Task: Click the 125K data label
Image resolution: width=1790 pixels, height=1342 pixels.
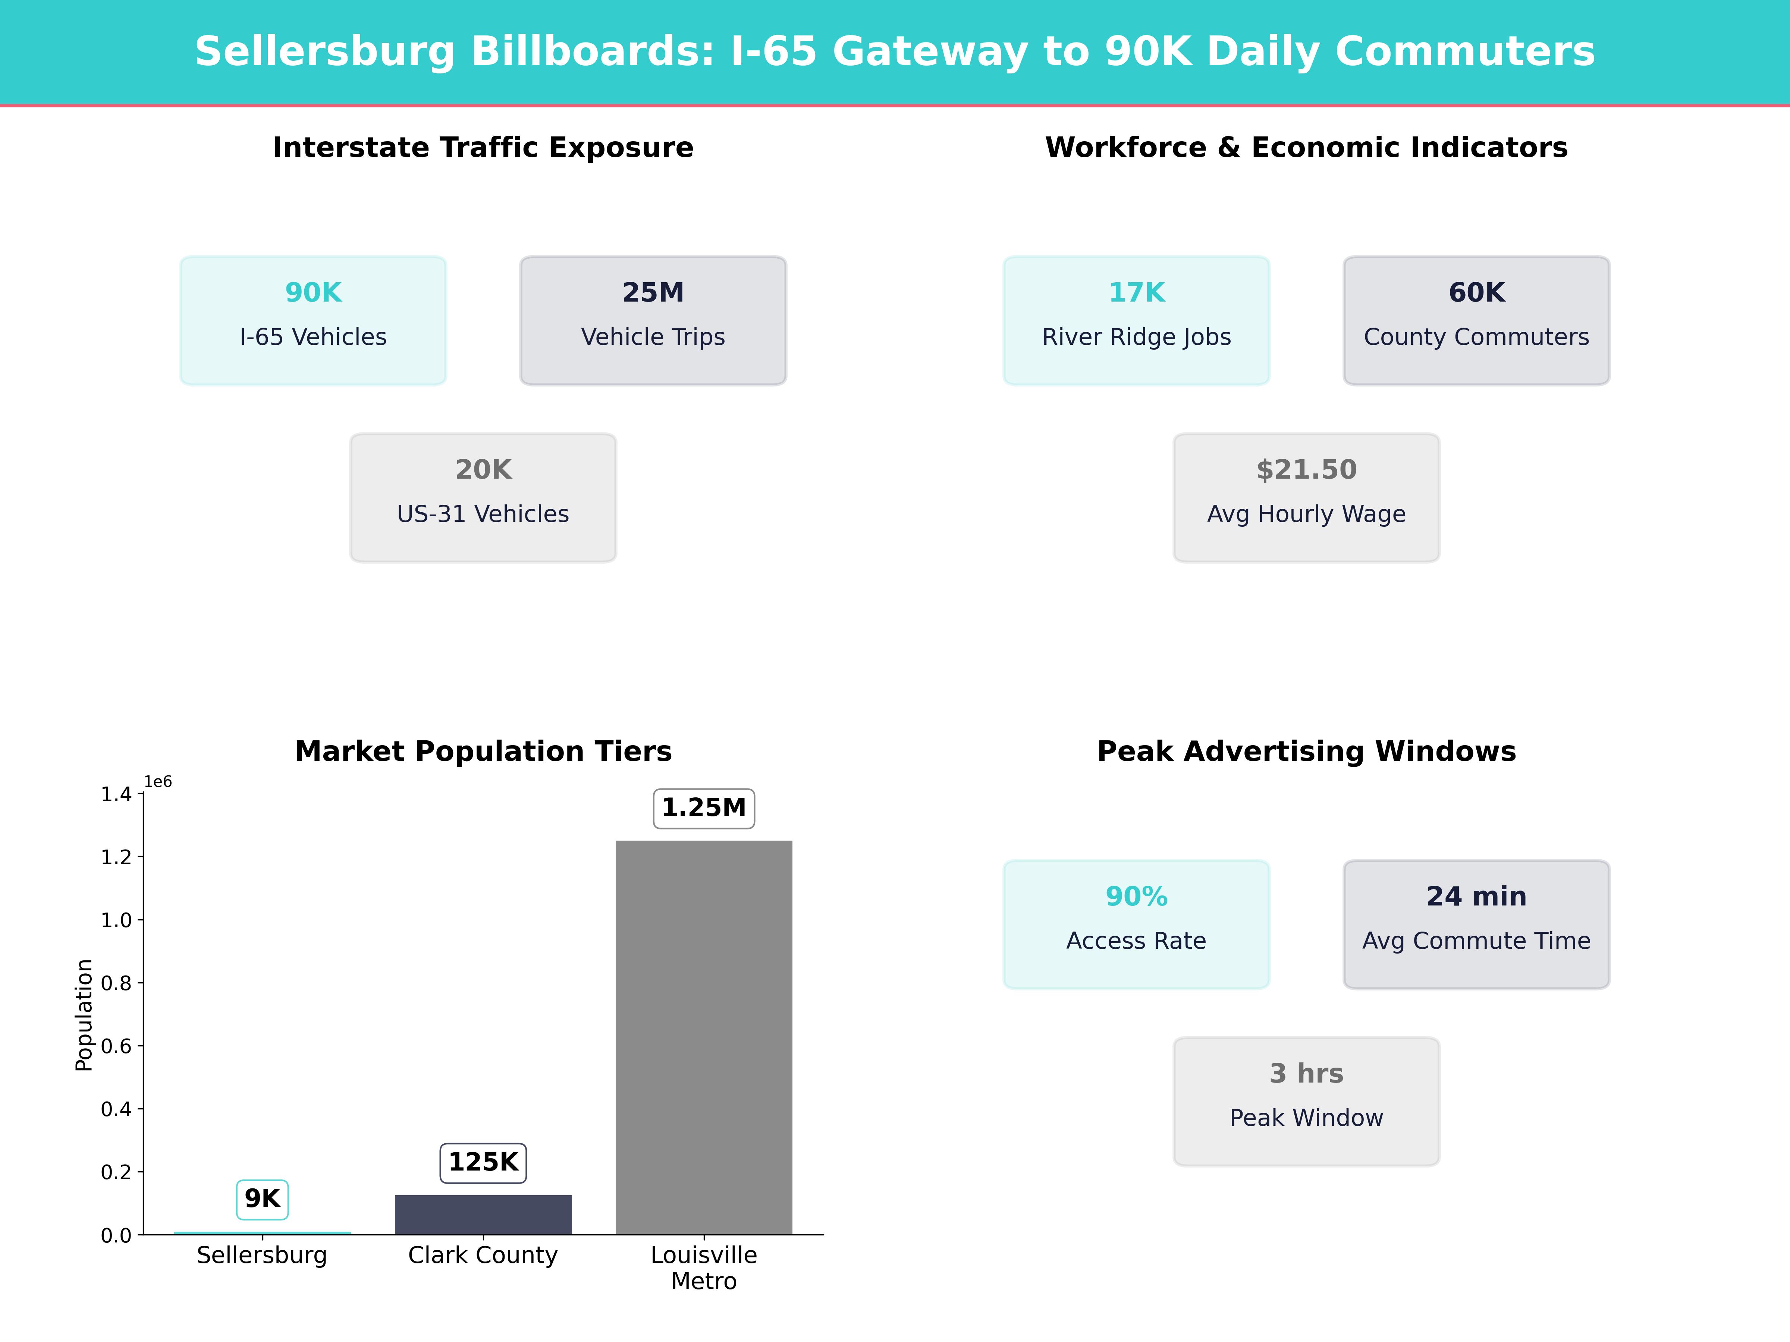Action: [x=483, y=1162]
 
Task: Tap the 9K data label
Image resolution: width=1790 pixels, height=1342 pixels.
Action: [x=262, y=1199]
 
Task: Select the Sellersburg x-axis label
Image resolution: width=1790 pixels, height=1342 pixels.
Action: [x=262, y=1256]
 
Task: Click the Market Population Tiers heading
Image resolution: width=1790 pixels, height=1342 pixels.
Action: [x=483, y=752]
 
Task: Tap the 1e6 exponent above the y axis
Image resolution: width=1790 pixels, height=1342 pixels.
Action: [x=158, y=781]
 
